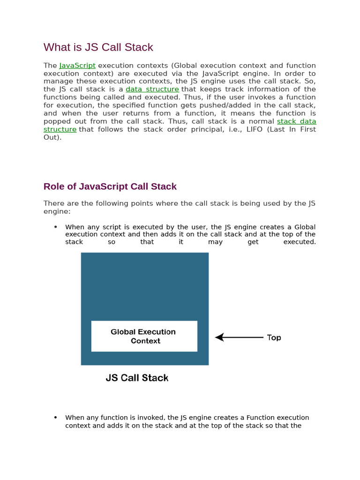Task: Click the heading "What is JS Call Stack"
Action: [98, 47]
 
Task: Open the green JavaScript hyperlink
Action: [77, 66]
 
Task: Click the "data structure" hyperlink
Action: [152, 89]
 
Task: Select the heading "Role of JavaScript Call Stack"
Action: [110, 187]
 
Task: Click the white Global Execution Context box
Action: [144, 336]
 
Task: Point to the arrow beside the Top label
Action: [239, 337]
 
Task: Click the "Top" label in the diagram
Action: [274, 337]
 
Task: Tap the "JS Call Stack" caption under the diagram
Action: [137, 378]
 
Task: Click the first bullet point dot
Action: [56, 227]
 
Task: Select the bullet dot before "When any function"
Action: [56, 417]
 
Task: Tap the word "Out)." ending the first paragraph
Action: [52, 137]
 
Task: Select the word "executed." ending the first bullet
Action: [300, 242]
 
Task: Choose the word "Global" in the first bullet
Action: [305, 227]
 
